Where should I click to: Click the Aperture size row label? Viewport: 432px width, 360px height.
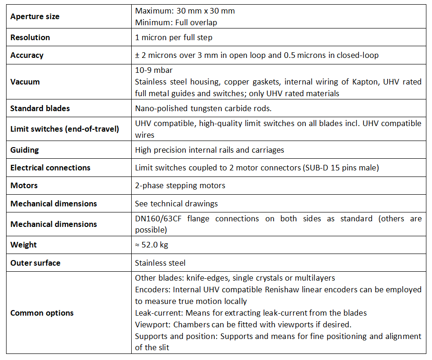pos(35,16)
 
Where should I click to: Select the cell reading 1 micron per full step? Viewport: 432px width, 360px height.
pos(180,37)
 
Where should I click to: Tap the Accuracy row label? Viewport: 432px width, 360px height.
pos(27,55)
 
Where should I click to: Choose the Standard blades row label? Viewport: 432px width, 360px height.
pos(40,108)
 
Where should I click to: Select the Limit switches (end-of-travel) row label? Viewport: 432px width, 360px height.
pos(64,129)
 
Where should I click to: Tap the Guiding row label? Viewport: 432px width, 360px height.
pos(25,150)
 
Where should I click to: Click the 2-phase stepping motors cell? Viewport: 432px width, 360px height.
pos(180,185)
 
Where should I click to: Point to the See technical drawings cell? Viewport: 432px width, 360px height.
pos(177,204)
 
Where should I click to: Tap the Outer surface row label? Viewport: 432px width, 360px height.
pos(35,263)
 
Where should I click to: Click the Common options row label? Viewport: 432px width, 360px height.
pos(42,313)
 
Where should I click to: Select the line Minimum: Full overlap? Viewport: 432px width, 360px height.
pos(176,22)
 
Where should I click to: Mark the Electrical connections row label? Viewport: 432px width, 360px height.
pos(50,168)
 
